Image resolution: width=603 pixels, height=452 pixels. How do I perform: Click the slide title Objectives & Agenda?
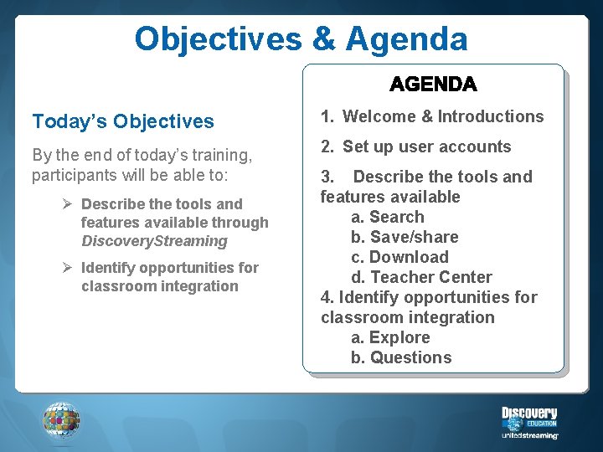click(301, 39)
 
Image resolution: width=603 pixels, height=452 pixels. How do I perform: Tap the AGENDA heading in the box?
click(433, 85)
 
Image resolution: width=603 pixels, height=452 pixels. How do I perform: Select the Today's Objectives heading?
click(123, 121)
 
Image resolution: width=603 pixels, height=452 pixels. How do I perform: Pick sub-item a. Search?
click(388, 217)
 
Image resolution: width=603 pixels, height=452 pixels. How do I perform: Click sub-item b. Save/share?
click(405, 237)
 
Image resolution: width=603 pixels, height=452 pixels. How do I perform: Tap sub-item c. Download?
click(399, 257)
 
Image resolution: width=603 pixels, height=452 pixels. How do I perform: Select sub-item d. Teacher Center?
click(421, 277)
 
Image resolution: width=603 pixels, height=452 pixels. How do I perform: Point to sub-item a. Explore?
click(390, 337)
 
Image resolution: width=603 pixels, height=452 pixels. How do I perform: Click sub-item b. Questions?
click(401, 357)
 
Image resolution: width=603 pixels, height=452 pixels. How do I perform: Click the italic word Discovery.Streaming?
click(154, 241)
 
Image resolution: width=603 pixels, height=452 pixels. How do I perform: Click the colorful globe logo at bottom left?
click(61, 419)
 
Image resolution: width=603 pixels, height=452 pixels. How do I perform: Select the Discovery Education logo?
click(529, 416)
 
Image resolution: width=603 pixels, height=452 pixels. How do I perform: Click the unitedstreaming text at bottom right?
click(529, 435)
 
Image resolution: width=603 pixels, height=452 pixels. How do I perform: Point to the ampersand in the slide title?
click(322, 39)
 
